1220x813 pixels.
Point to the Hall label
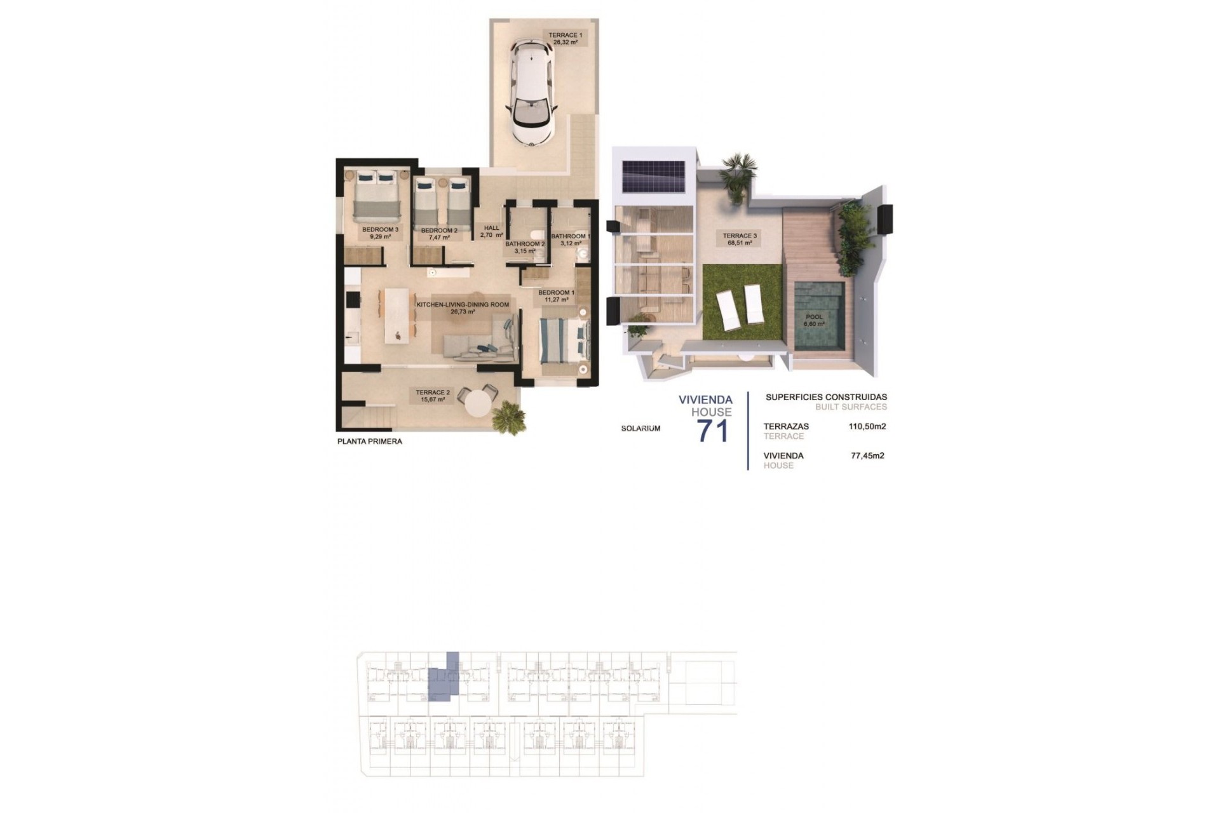491,231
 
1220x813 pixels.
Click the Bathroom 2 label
525,246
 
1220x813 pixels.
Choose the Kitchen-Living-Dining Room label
462,308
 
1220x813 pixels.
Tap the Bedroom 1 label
556,296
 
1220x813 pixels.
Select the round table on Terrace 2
480,402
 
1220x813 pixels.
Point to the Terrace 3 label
740,239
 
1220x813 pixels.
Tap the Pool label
814,320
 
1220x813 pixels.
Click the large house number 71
713,431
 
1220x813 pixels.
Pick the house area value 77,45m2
867,455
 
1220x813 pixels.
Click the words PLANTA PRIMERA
370,441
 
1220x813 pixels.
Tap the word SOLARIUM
640,429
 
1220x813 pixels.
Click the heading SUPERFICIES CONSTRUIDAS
826,397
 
